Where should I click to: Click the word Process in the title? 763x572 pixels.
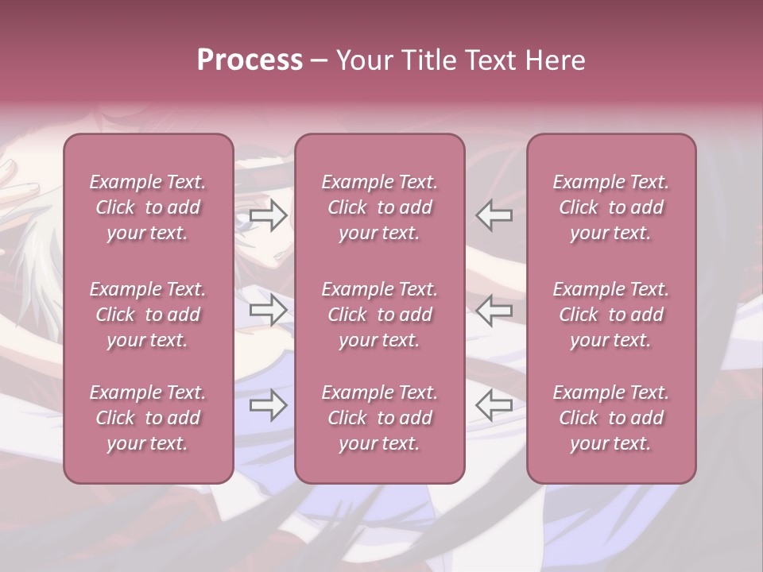(250, 60)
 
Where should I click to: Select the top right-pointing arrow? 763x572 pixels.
(269, 215)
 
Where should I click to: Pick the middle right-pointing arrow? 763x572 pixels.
(269, 311)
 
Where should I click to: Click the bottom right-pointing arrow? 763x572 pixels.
(269, 406)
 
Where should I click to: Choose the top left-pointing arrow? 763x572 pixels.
(494, 215)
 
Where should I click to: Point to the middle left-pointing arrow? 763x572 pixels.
(494, 311)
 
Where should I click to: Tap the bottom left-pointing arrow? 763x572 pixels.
(494, 406)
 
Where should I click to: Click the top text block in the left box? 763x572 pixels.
(148, 207)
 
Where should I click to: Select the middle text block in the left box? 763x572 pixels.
(148, 315)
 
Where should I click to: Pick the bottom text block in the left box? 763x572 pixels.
(148, 418)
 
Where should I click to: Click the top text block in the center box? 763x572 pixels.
(379, 207)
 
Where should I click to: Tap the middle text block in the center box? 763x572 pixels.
(379, 315)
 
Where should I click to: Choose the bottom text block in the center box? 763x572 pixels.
(379, 418)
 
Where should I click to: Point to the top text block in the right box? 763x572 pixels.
(610, 207)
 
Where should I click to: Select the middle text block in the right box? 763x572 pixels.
(610, 315)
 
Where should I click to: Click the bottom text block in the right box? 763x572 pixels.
(610, 418)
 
